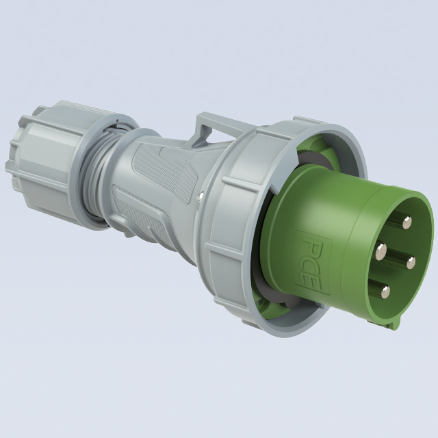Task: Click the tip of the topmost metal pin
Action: tap(407, 222)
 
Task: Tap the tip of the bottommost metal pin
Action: tap(386, 292)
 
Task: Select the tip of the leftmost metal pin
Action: tap(381, 251)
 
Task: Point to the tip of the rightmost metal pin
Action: tap(411, 263)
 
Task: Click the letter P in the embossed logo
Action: tap(311, 245)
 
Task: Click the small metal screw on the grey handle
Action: tap(201, 196)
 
